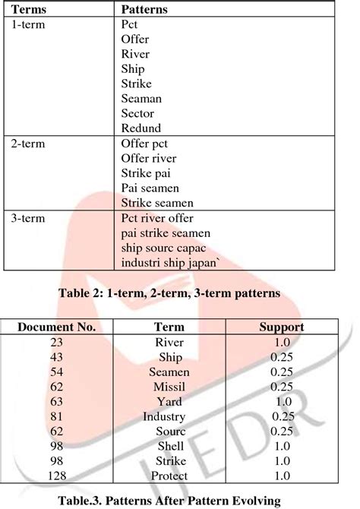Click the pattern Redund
point(141,128)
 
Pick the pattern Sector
point(138,113)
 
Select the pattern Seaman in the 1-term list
point(141,98)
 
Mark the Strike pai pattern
point(146,172)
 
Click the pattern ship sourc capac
point(163,248)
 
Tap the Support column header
point(282,327)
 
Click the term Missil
point(169,387)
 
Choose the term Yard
point(169,401)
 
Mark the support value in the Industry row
point(282,416)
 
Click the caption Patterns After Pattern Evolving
point(179,501)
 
